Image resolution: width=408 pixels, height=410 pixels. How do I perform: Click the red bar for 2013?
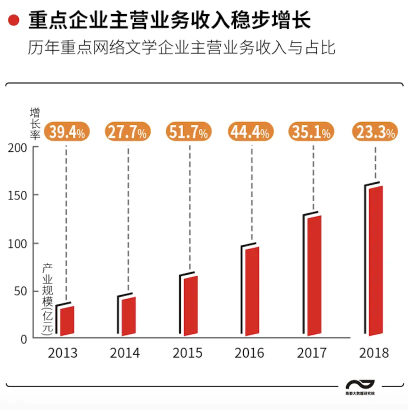67,320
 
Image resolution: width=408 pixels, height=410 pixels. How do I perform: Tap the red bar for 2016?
252,291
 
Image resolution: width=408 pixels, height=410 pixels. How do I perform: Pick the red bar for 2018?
375,260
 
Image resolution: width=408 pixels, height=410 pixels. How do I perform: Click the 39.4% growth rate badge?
67,132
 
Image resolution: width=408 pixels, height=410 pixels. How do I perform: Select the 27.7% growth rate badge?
128,132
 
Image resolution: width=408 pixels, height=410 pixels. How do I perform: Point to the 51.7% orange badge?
189,132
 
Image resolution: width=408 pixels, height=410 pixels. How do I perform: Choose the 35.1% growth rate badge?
312,132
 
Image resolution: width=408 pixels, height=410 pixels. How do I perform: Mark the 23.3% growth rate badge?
375,132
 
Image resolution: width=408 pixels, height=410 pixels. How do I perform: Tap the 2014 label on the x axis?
125,353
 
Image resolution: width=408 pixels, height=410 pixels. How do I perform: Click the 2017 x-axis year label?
311,353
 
